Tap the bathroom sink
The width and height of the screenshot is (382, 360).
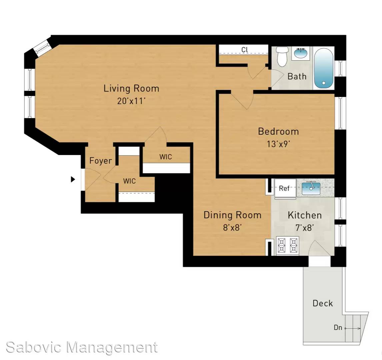(300, 53)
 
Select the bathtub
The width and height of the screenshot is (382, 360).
(323, 68)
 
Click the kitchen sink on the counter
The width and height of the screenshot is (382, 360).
(311, 188)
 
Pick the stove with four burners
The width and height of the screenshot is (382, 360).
(287, 246)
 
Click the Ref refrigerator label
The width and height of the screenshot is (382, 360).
(284, 188)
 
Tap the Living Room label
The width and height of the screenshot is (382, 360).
(131, 88)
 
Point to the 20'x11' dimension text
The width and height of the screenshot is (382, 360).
(131, 101)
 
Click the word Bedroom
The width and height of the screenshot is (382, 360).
(278, 132)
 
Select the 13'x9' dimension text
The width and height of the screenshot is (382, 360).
(278, 144)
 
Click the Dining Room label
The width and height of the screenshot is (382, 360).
(232, 215)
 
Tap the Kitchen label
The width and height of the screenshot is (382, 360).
(305, 215)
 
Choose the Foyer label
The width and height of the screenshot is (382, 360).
(100, 161)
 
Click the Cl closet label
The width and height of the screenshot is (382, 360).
(245, 50)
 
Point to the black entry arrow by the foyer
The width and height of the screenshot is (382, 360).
(73, 180)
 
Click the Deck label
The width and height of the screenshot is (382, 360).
(323, 303)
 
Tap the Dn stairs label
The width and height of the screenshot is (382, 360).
(338, 328)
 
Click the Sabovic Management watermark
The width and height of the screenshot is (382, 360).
(82, 347)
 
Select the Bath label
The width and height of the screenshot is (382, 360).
(297, 76)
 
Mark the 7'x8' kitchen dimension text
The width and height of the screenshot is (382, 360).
(305, 228)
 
